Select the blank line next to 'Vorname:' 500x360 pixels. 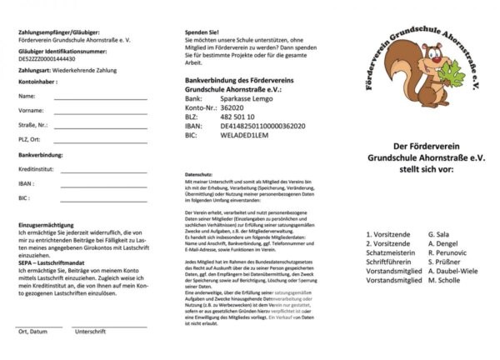pos(100,112)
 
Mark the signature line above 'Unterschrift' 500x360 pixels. pos(108,324)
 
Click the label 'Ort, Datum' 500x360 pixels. pos(32,331)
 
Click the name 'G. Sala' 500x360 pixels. pos(438,236)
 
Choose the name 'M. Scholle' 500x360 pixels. pos(445,281)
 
